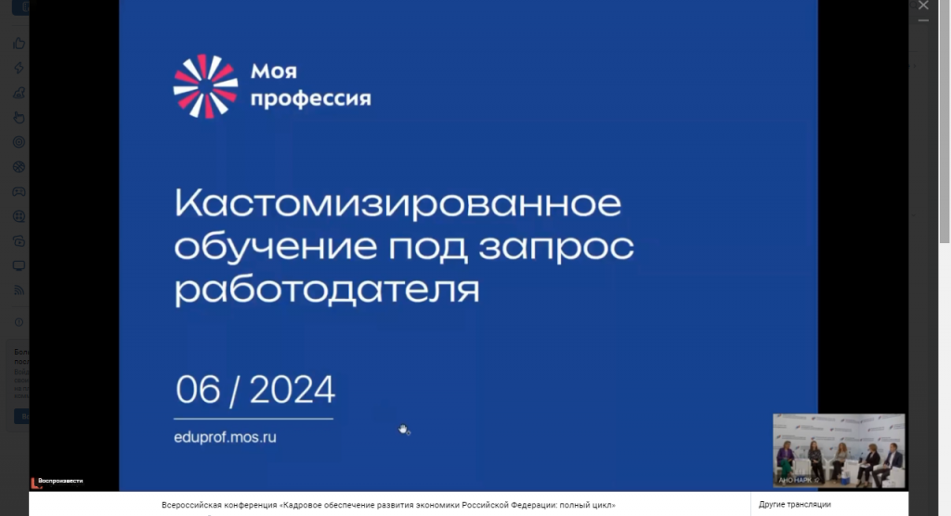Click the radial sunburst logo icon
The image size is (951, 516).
click(205, 86)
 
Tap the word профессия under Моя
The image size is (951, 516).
click(311, 98)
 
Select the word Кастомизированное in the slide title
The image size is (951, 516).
click(397, 203)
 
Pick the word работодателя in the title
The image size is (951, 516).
click(327, 290)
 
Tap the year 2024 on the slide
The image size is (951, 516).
click(292, 391)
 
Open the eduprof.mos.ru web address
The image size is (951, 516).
click(226, 436)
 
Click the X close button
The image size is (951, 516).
click(923, 6)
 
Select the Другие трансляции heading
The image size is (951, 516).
click(795, 504)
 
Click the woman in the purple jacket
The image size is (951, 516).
click(786, 459)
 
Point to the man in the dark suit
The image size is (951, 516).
click(893, 461)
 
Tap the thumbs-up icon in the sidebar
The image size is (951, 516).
click(19, 43)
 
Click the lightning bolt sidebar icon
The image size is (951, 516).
click(19, 68)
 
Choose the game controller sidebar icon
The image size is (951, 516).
click(19, 192)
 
